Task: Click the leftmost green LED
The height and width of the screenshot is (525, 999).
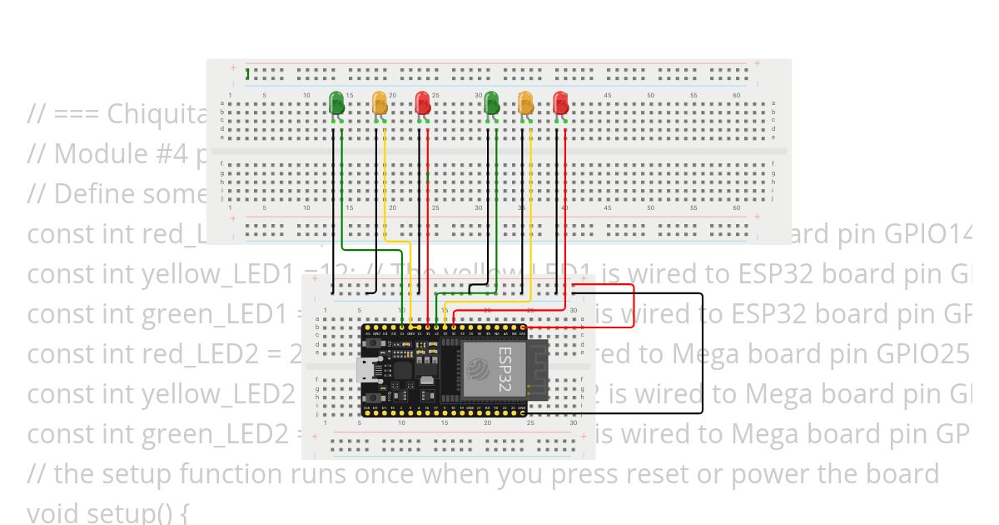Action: click(x=336, y=102)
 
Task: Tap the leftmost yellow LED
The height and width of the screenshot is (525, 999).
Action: click(x=380, y=102)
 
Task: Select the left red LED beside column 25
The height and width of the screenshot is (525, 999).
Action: click(x=423, y=102)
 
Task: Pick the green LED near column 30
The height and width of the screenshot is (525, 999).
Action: click(x=491, y=102)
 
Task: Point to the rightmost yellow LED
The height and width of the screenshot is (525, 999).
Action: click(x=525, y=102)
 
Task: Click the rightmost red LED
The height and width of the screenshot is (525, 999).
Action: click(x=561, y=102)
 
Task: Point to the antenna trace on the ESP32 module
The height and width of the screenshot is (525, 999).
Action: click(x=538, y=371)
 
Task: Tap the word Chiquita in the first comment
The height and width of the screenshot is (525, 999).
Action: click(x=158, y=114)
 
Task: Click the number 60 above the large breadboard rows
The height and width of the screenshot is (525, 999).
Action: click(x=736, y=96)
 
